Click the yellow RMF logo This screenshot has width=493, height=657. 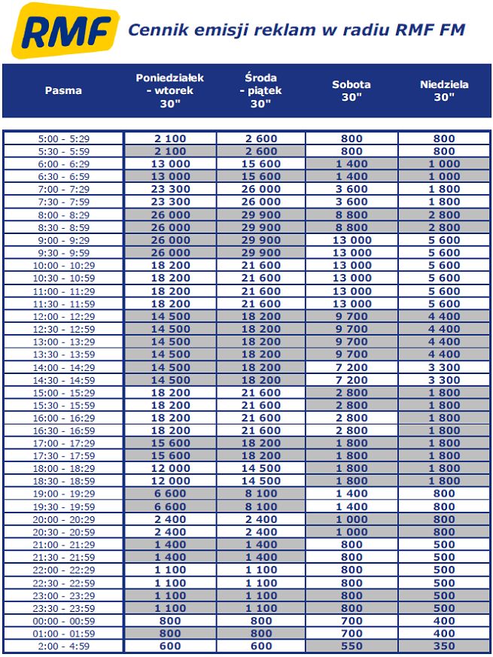[x=65, y=30]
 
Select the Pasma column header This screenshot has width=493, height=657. [x=63, y=90]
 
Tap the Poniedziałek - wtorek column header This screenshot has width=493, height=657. [x=170, y=90]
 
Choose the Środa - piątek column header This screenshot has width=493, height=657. [x=261, y=90]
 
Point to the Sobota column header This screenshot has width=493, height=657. [x=351, y=90]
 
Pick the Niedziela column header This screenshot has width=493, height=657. [x=444, y=90]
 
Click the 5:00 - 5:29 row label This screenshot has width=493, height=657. [x=63, y=138]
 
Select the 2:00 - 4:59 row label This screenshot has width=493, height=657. [x=63, y=646]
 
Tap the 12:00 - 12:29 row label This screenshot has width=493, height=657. [x=63, y=316]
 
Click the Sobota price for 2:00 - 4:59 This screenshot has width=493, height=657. [x=351, y=646]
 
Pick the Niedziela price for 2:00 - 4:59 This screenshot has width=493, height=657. [x=444, y=646]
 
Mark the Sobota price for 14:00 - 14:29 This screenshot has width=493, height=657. [x=351, y=367]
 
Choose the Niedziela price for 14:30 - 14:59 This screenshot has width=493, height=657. [x=444, y=380]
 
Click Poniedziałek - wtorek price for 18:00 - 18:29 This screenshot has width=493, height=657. [x=170, y=468]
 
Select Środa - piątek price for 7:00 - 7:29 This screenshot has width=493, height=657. [x=261, y=189]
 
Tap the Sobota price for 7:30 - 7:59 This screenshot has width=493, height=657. [x=351, y=202]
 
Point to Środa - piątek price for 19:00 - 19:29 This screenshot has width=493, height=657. [x=261, y=494]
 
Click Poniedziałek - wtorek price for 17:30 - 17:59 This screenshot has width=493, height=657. [x=170, y=456]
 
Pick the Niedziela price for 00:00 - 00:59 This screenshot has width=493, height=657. [x=444, y=621]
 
